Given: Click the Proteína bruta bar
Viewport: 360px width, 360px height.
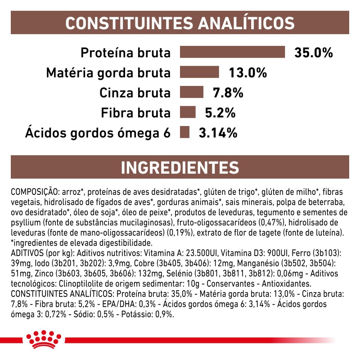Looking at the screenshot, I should pyautogui.click(x=232, y=52).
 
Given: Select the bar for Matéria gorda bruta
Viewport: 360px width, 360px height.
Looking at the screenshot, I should pyautogui.click(x=199, y=72).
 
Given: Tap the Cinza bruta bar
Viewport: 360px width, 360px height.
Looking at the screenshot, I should pyautogui.click(x=192, y=93).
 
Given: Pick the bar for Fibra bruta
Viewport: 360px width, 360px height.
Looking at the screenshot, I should pyautogui.click(x=188, y=112).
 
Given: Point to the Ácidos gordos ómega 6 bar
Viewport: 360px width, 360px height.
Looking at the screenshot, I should pyautogui.click(x=184, y=133).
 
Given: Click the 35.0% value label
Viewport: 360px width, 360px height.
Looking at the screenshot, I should pyautogui.click(x=313, y=53).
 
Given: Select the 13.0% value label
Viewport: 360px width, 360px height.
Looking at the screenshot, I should pyautogui.click(x=247, y=73).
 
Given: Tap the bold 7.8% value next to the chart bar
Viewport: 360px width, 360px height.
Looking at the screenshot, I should pyautogui.click(x=228, y=93).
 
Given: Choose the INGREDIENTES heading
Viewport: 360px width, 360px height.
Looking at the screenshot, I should pyautogui.click(x=180, y=167).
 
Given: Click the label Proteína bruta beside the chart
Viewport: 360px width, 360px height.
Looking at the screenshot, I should pyautogui.click(x=126, y=53).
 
